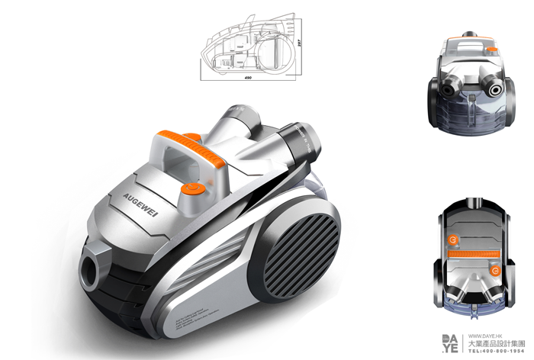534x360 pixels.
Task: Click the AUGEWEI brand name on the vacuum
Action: [121, 198]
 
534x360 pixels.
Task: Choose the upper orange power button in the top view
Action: [454, 239]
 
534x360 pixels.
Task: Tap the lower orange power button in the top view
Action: [497, 271]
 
